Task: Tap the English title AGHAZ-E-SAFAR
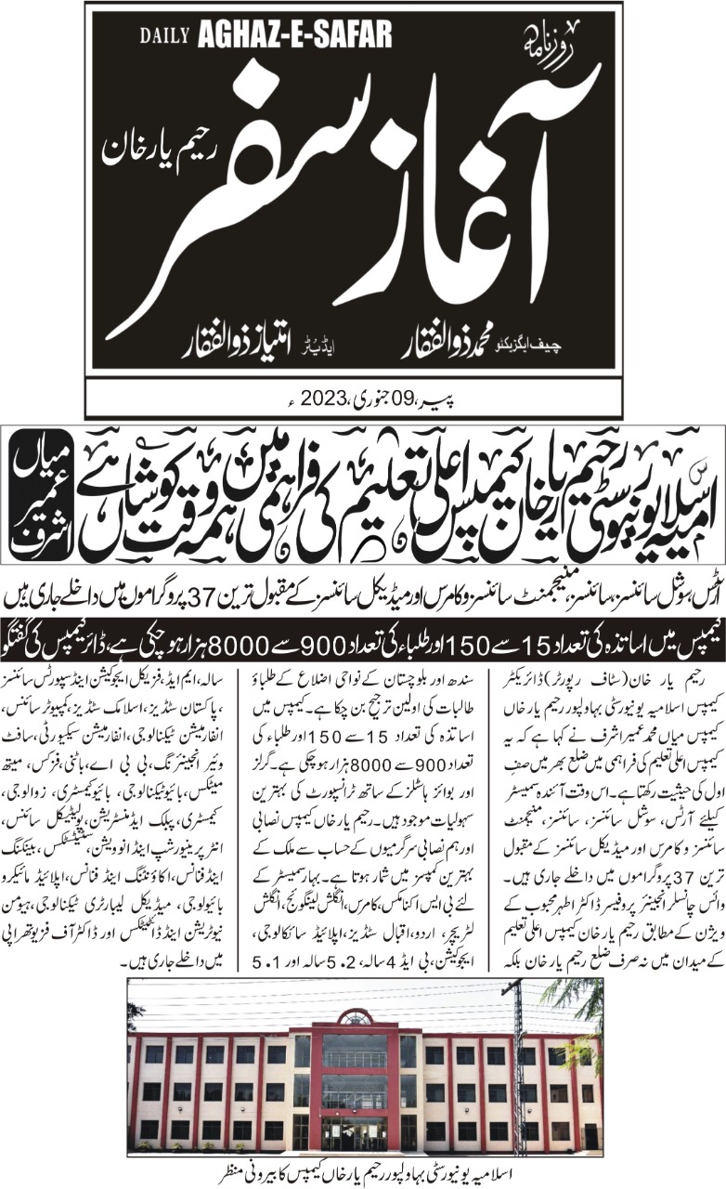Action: tap(294, 35)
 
